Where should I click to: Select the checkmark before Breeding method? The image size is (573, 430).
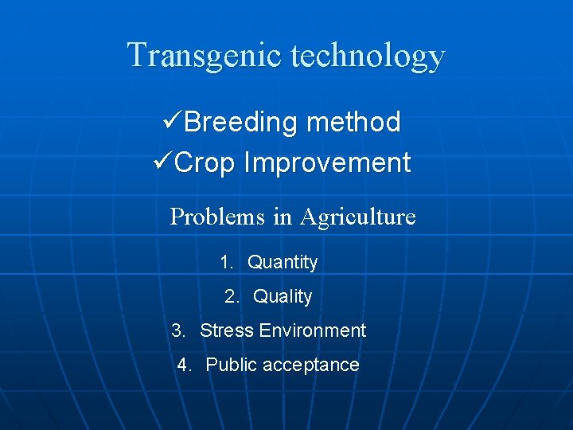pos(172,122)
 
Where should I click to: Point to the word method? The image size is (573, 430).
pos(353,123)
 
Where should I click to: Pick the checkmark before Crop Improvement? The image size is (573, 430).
pos(162,162)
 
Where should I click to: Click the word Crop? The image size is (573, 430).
pos(205,163)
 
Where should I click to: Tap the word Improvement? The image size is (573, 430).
pos(327,163)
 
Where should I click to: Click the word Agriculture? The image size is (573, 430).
pos(357,217)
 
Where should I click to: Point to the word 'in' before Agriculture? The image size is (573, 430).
pos(283,217)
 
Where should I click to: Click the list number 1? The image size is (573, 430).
pos(226,262)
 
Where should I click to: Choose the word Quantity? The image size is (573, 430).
pos(283,263)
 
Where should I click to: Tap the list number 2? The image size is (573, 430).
pos(232,296)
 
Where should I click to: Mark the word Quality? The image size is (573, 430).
pos(283,297)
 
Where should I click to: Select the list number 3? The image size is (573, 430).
pos(178,330)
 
